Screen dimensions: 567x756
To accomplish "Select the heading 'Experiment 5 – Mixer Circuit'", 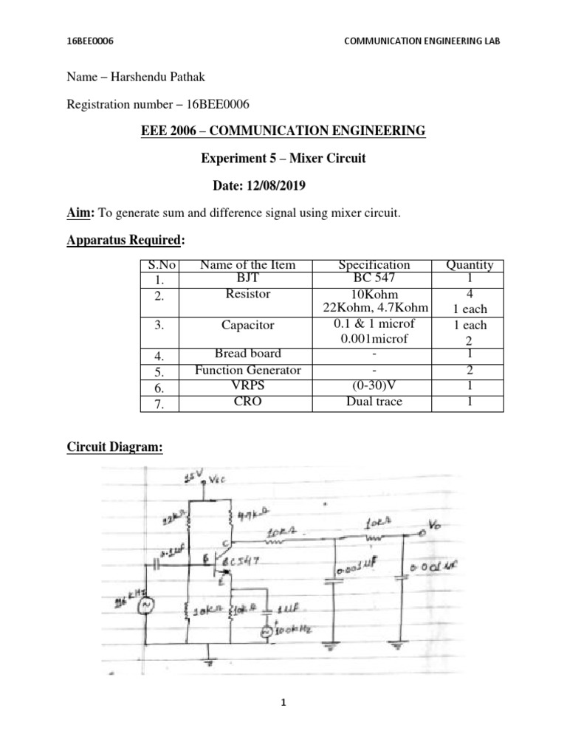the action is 283,158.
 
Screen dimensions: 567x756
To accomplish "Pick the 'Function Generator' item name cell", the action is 248,370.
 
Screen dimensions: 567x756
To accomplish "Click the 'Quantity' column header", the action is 470,265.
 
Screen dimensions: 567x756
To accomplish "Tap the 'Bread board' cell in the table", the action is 248,354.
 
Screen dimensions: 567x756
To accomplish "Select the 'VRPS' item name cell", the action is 248,386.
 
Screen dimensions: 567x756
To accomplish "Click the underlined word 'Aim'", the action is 77,213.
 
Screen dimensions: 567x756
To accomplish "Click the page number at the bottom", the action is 283,704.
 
